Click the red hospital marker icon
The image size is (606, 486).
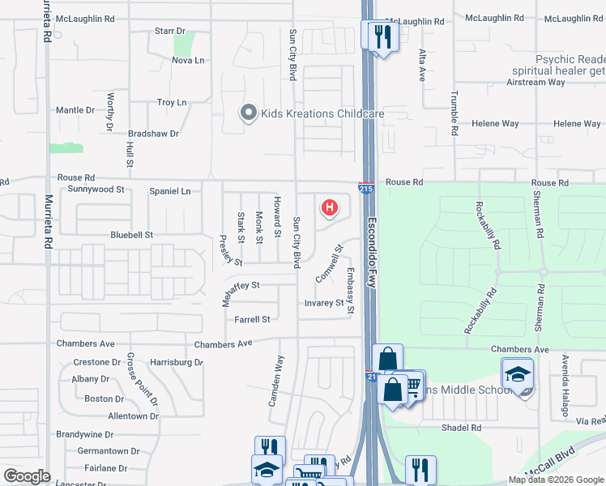point(329,208)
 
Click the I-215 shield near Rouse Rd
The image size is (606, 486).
point(366,187)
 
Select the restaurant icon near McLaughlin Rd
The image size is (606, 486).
point(382,36)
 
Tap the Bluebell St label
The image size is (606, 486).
point(131,235)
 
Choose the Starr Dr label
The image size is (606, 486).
point(170,31)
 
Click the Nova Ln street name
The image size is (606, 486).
point(188,61)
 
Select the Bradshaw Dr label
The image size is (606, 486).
point(153,133)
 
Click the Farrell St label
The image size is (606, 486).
point(252,320)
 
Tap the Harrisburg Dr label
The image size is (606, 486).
point(176,362)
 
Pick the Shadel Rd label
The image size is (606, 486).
point(461,428)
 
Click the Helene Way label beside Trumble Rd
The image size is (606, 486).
point(500,124)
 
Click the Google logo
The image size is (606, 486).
point(27,476)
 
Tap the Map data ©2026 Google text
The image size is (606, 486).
point(555,480)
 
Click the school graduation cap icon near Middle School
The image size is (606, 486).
point(517,373)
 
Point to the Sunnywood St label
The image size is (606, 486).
point(96,190)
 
